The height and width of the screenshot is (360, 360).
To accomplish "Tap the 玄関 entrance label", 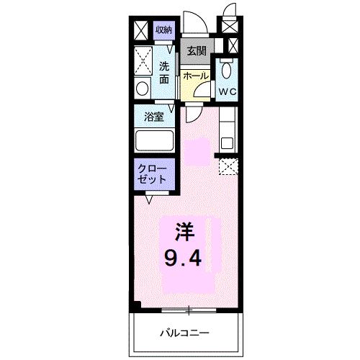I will (x=196, y=50).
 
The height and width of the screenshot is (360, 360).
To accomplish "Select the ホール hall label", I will (x=196, y=76).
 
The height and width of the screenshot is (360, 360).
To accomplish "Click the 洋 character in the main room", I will (x=184, y=232).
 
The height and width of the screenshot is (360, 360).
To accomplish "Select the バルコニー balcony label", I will (x=184, y=333).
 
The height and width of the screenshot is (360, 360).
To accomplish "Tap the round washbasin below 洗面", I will (x=142, y=89).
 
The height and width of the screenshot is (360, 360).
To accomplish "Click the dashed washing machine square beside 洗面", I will (x=143, y=59).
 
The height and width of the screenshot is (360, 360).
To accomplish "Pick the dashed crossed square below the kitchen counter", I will (x=228, y=166).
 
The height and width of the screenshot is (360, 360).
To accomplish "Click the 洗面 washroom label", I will (x=164, y=72).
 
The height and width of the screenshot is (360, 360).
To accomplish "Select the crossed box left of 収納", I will (x=141, y=30).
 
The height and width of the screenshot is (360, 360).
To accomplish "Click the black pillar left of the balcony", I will (x=135, y=305).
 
